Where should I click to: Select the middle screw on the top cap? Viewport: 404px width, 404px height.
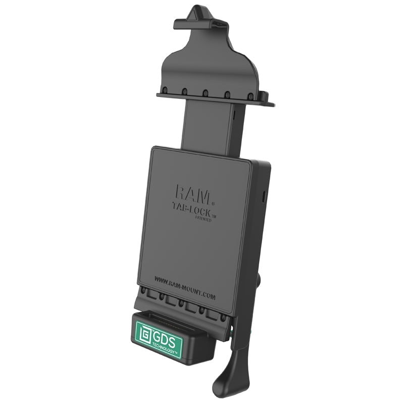click(206, 93)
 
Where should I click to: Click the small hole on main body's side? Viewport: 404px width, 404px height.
click(263, 196)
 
